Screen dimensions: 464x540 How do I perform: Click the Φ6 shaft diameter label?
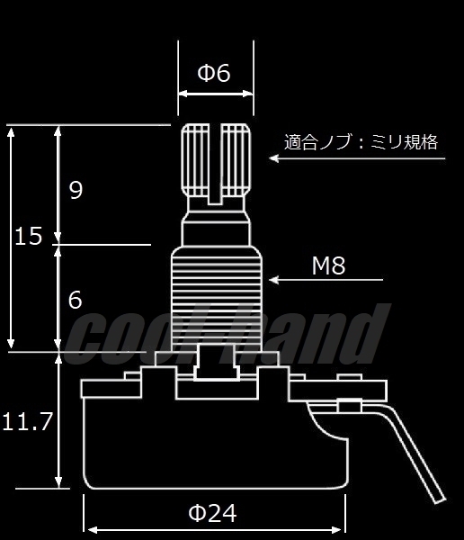[214, 74]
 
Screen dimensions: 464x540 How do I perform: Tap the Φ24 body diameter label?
[212, 513]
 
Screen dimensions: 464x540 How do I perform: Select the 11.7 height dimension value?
[27, 421]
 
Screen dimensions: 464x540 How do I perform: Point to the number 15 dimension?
[29, 236]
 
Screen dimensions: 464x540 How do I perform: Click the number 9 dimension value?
[76, 190]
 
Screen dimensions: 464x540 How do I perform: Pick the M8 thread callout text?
[328, 265]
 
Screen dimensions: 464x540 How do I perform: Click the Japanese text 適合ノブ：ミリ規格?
[361, 142]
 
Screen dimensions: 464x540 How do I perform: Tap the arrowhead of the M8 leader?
[273, 280]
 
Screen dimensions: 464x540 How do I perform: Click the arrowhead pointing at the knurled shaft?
[273, 158]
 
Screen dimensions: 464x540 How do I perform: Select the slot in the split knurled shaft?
[215, 164]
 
